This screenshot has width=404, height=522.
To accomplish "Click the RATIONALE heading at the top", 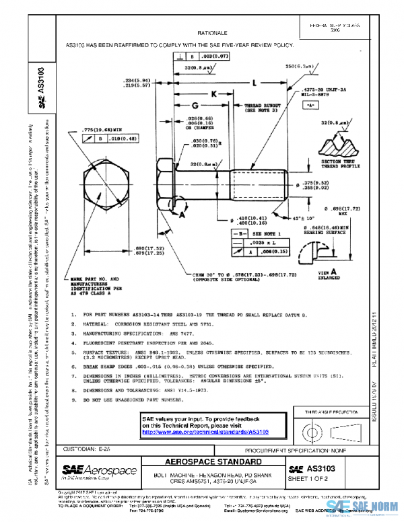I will (212, 32).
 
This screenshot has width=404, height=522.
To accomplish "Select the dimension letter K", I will (214, 95).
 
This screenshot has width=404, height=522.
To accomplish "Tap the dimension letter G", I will (194, 107).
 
